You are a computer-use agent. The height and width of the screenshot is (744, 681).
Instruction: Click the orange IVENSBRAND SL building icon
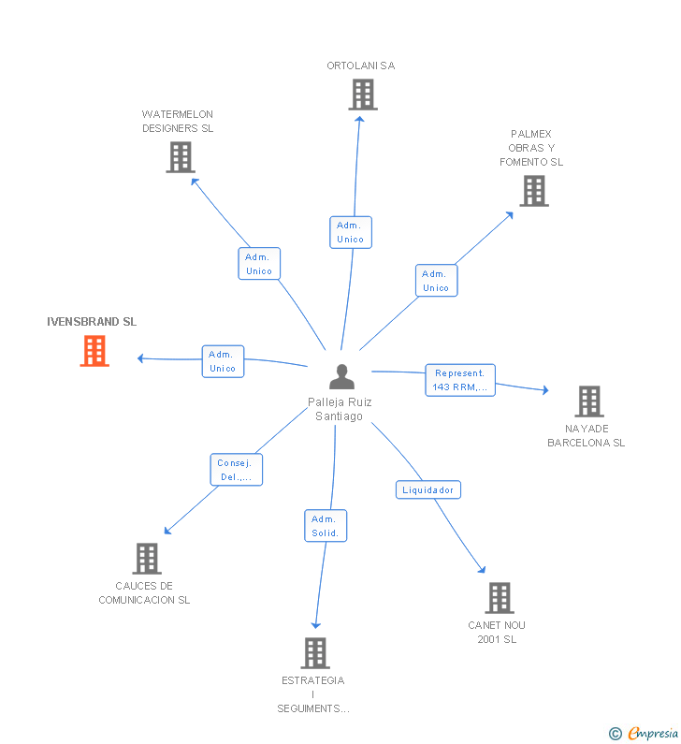tap(94, 351)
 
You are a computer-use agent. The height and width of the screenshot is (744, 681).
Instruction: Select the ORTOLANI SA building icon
tap(363, 95)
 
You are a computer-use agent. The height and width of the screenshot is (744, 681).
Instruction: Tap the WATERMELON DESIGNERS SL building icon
tap(181, 157)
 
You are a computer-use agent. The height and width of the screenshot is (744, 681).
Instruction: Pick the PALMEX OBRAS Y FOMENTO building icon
tap(534, 191)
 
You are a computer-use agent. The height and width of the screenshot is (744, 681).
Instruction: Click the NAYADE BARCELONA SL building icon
tap(589, 401)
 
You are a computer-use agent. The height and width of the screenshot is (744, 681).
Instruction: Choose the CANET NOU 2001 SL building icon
tap(500, 598)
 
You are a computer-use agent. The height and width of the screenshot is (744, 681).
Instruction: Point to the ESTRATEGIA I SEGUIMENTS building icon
tap(316, 653)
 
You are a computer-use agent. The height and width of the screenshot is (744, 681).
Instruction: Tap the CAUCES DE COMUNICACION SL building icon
tap(147, 559)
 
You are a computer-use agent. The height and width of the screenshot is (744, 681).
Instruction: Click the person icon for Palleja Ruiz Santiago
tap(342, 377)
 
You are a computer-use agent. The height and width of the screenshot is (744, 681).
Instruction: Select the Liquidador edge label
tap(428, 489)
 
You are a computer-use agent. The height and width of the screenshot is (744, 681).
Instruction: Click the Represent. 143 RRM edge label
tap(460, 380)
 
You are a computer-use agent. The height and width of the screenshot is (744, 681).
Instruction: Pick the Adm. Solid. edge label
tap(326, 526)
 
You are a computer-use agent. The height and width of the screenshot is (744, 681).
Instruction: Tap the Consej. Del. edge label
tap(237, 470)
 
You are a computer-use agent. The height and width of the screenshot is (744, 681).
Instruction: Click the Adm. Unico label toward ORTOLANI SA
tap(351, 232)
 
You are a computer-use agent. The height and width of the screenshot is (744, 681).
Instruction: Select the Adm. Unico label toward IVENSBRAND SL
tap(223, 361)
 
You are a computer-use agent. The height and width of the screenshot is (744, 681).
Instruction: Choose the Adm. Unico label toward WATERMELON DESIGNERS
tap(259, 264)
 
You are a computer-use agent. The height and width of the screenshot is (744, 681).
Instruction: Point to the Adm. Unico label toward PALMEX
tap(436, 281)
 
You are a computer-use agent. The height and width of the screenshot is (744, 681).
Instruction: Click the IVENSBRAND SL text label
tap(92, 322)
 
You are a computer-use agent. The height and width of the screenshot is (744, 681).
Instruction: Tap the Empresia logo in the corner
tap(645, 734)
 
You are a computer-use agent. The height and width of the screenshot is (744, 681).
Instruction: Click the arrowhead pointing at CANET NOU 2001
tap(483, 569)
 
